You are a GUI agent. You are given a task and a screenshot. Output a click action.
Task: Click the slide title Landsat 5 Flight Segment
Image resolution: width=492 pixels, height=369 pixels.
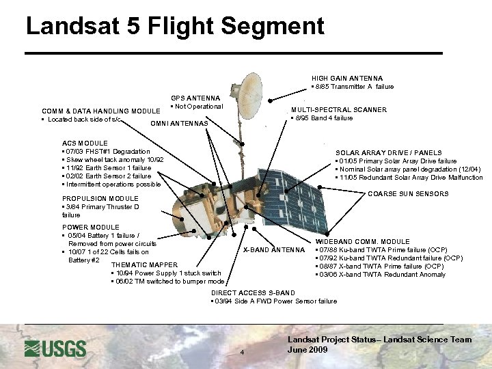click(x=174, y=27)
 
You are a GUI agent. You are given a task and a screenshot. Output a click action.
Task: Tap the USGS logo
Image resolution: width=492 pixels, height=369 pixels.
click(x=55, y=348)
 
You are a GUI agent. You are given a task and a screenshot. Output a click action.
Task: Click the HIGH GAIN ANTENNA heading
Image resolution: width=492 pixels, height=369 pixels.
click(x=346, y=78)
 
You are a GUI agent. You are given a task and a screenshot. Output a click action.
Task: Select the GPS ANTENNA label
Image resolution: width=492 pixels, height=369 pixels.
click(x=195, y=98)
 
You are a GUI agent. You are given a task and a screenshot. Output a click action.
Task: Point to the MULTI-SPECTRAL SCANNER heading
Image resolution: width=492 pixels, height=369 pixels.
click(x=338, y=109)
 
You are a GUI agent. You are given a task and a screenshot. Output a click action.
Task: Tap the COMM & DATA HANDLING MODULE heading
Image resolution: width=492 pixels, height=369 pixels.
click(x=100, y=111)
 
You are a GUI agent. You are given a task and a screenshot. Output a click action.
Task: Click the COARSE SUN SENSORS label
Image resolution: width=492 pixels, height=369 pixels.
click(x=408, y=194)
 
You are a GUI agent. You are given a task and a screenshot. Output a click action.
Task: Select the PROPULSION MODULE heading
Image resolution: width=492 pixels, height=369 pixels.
click(x=100, y=199)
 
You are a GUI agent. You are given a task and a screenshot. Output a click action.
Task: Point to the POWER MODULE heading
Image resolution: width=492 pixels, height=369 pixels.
click(x=90, y=227)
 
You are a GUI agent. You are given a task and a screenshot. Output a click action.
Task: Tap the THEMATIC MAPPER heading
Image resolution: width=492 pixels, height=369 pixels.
click(x=144, y=264)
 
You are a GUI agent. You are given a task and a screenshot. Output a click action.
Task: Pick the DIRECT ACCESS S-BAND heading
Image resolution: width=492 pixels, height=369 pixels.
click(x=253, y=292)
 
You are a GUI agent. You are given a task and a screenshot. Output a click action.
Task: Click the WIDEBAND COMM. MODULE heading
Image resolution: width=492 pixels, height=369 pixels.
click(x=362, y=241)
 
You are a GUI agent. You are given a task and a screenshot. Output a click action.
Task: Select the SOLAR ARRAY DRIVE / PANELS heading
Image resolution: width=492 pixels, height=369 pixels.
click(x=388, y=152)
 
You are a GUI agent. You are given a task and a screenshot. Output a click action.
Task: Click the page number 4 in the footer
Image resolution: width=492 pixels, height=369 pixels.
click(x=242, y=353)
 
